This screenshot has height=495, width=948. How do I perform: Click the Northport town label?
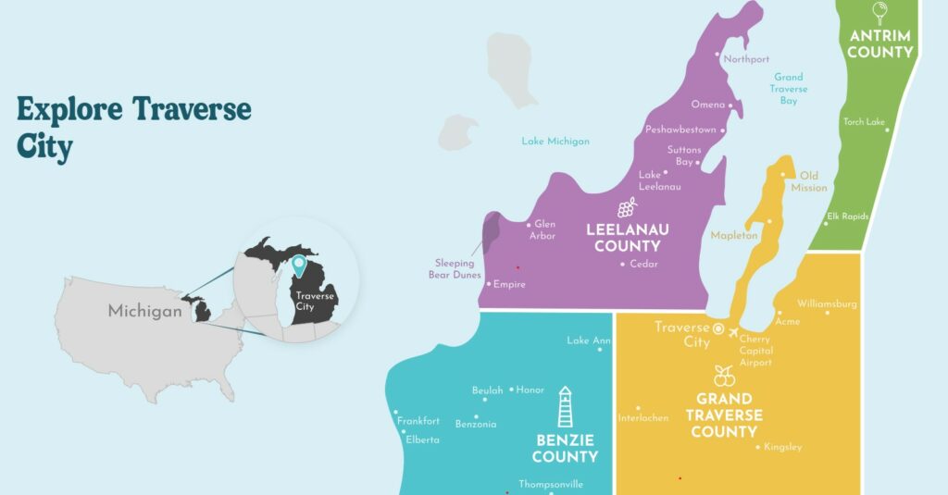[x=747, y=59]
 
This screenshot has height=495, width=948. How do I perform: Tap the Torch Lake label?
[x=864, y=121]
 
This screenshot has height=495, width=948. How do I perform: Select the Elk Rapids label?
[x=847, y=217]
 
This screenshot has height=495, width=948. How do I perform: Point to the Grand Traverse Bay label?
[x=789, y=89]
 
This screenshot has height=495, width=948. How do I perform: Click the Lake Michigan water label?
[x=555, y=142]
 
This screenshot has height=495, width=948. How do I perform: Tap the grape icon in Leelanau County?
[x=627, y=206]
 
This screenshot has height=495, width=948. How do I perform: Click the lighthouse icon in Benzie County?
[x=565, y=407]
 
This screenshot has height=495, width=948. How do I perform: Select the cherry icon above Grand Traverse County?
[x=724, y=376]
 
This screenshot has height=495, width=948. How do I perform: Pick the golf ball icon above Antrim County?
[x=879, y=12]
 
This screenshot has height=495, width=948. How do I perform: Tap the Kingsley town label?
[x=783, y=448]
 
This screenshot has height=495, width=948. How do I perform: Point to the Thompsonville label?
[x=551, y=484]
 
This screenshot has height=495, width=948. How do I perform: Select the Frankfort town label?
[x=418, y=421]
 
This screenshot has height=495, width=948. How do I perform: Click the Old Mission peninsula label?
[x=809, y=181]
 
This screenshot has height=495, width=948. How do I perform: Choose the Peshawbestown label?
[x=680, y=130]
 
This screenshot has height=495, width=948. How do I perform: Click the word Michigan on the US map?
[x=145, y=311]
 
